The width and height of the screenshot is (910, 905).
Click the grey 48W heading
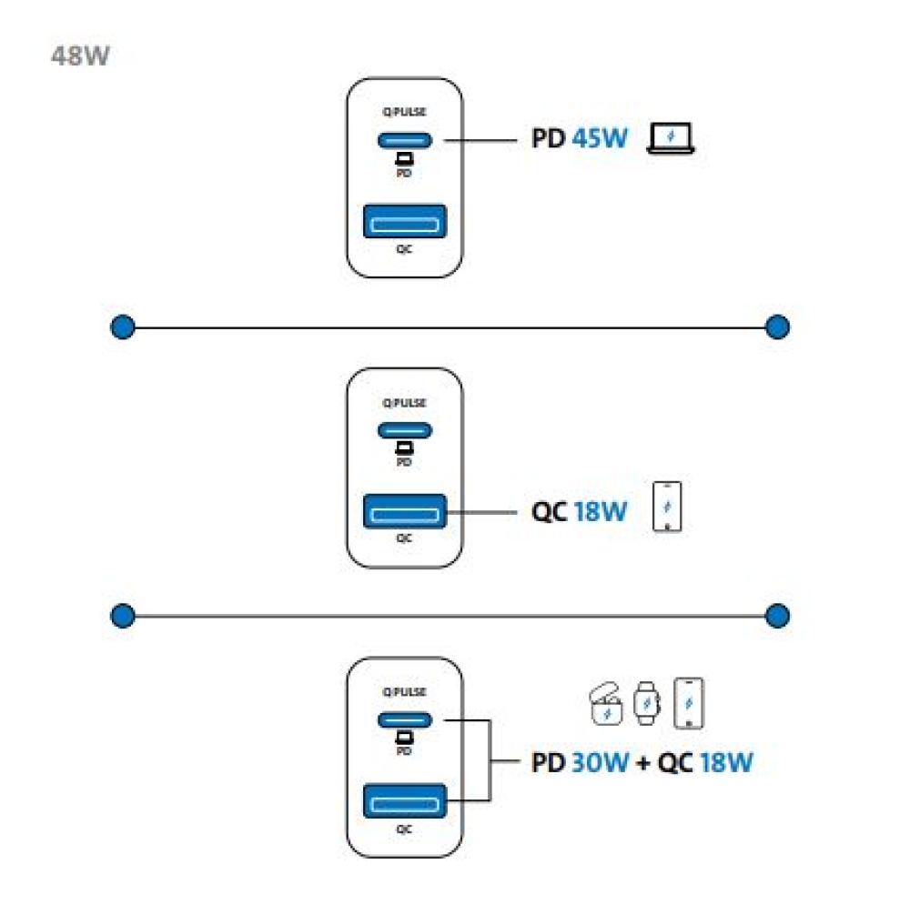pyautogui.click(x=80, y=56)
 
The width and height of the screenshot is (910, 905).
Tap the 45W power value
pyautogui.click(x=600, y=138)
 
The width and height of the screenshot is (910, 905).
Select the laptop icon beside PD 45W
pyautogui.click(x=671, y=138)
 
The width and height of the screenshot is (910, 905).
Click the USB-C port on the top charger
pyautogui.click(x=405, y=140)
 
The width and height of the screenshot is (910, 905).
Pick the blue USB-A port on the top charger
pyautogui.click(x=405, y=221)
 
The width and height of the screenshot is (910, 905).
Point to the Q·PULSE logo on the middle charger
pyautogui.click(x=405, y=403)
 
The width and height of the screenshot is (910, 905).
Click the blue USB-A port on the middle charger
pyautogui.click(x=405, y=511)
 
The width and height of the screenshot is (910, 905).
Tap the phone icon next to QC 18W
pyautogui.click(x=667, y=507)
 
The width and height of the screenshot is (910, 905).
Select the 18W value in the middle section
pyautogui.click(x=600, y=512)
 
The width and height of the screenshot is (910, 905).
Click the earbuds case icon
pyautogui.click(x=605, y=704)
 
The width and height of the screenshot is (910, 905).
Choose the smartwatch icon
pyautogui.click(x=646, y=703)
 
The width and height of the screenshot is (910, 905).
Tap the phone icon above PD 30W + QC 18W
pyautogui.click(x=688, y=703)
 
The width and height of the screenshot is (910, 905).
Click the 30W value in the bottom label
pyautogui.click(x=600, y=762)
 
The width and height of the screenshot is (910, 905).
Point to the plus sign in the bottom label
pyautogui.click(x=642, y=763)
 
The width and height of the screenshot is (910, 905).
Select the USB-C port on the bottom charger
pyautogui.click(x=405, y=720)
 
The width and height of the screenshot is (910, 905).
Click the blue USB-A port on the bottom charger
pyautogui.click(x=405, y=801)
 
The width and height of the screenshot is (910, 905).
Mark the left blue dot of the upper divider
pyautogui.click(x=123, y=327)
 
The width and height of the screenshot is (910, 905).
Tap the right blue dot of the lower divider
pyautogui.click(x=777, y=616)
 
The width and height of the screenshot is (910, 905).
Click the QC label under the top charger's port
pyautogui.click(x=405, y=249)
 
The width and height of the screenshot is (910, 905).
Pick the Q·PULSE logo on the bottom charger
pyautogui.click(x=405, y=691)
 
